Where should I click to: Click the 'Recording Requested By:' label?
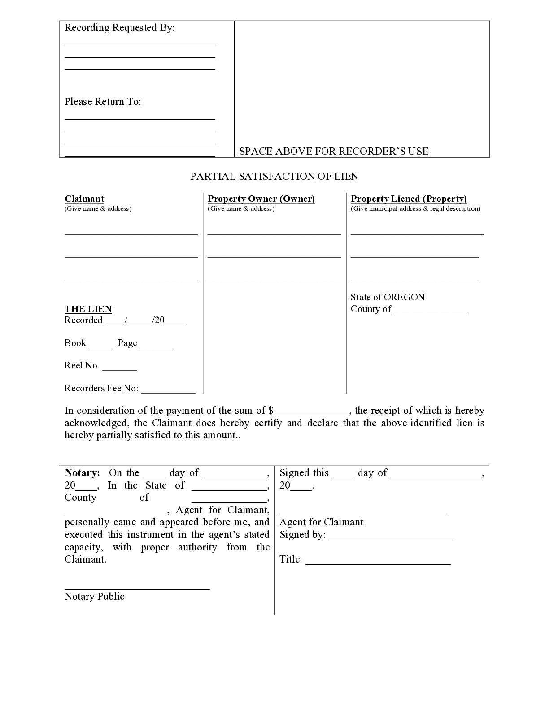[x=120, y=28]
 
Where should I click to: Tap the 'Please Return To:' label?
[x=103, y=102]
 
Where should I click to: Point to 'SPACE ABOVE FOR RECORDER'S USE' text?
[x=334, y=151]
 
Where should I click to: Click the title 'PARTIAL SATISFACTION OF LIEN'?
[x=274, y=176]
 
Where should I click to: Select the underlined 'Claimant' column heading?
[x=84, y=199]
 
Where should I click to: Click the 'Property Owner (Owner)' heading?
[x=261, y=199]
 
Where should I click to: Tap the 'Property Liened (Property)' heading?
[x=409, y=199]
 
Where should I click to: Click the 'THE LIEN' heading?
[x=88, y=309]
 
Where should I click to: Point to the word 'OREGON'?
[x=404, y=297]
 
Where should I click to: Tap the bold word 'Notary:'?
[x=82, y=473]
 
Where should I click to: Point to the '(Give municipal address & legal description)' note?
[x=415, y=208]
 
